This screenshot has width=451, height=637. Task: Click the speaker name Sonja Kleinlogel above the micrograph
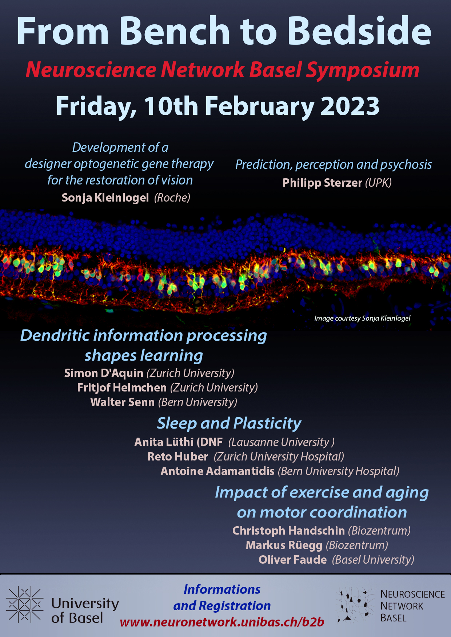(105, 198)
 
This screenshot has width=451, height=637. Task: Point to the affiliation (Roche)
(172, 198)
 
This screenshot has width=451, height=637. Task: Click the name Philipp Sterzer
(322, 183)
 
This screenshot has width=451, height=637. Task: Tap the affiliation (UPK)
(378, 183)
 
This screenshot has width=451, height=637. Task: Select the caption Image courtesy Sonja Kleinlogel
(362, 318)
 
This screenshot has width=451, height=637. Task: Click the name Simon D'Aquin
(104, 373)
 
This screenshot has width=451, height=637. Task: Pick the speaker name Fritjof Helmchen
(122, 388)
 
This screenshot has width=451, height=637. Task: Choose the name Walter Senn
(123, 402)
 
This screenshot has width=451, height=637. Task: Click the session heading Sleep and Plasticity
(229, 423)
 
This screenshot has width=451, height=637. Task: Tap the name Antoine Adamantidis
(217, 471)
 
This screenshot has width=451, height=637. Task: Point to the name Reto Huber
(177, 457)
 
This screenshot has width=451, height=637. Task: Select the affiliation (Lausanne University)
(282, 442)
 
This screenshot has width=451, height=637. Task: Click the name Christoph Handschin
(288, 531)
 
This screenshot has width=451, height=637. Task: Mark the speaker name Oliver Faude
(292, 560)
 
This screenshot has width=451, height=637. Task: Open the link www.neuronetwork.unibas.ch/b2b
(222, 622)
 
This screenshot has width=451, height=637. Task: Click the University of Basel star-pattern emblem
(25, 605)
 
